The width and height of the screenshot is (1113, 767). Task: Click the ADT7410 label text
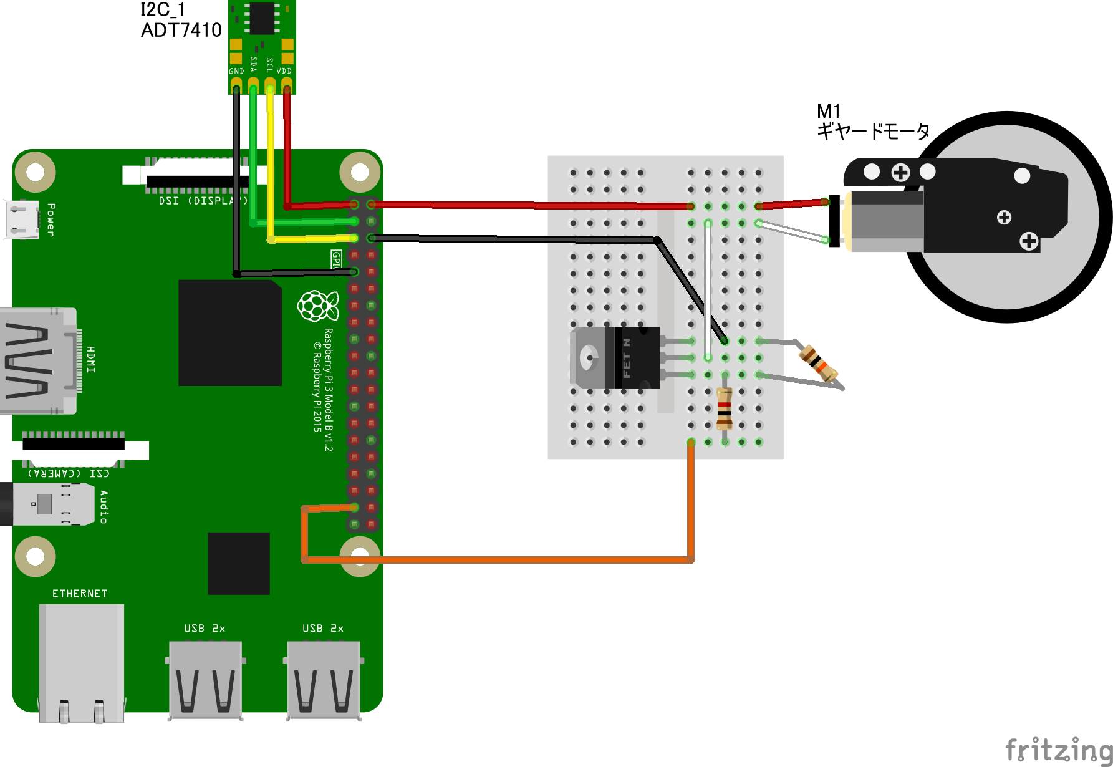[x=181, y=30]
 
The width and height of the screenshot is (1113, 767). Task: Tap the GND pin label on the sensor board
[x=236, y=71]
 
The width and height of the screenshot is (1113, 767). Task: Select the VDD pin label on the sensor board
[x=284, y=71]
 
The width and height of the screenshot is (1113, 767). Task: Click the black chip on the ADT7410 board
[x=262, y=18]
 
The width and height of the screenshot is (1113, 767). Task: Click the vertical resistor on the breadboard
[x=725, y=408]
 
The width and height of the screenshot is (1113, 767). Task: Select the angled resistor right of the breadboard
[x=819, y=364]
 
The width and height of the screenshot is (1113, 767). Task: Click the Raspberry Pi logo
[x=317, y=306]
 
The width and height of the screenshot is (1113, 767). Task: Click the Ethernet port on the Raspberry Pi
[x=81, y=661]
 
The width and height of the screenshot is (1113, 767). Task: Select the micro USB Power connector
[x=21, y=219]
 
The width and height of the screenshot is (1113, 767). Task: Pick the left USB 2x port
[x=205, y=679]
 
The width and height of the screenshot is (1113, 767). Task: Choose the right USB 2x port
[x=324, y=679]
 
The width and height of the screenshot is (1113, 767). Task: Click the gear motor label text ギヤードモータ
[x=873, y=132]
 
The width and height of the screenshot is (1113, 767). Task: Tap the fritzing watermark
[x=1058, y=750]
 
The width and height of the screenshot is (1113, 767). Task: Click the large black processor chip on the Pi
[x=229, y=332]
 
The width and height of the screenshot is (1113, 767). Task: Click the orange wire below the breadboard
[x=499, y=559]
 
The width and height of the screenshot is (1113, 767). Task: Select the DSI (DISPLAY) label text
[x=203, y=201]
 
